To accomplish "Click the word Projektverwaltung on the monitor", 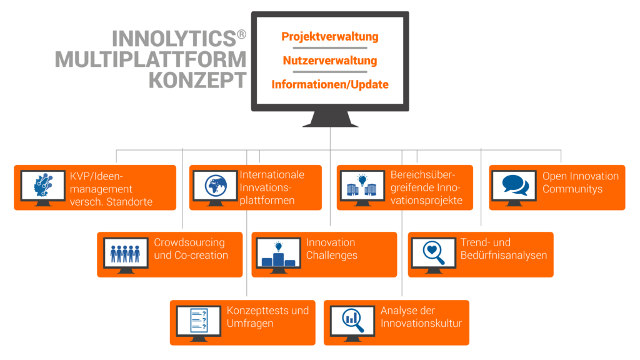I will (330, 37).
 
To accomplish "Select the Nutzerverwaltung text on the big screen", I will (330, 61).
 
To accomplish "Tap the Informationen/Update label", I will (330, 84).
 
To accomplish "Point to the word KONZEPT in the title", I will (197, 80).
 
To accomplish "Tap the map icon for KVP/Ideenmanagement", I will (42, 186).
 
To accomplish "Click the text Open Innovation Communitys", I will (580, 182).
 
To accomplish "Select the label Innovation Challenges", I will (331, 249).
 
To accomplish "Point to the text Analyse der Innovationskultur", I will (421, 317).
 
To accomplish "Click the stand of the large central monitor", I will (330, 118).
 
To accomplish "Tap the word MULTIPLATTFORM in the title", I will (151, 60).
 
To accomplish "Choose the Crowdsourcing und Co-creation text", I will (191, 249).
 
